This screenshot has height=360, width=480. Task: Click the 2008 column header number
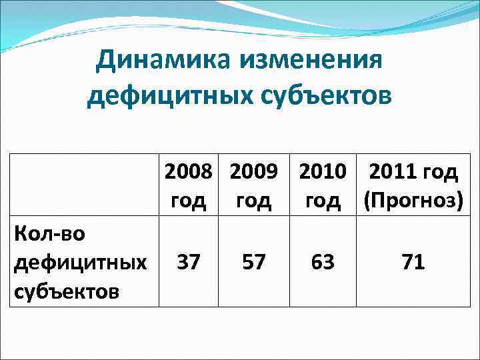click(x=189, y=172)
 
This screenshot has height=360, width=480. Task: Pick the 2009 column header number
click(x=253, y=172)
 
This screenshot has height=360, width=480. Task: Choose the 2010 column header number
click(x=323, y=172)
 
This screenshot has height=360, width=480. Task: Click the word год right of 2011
click(x=439, y=172)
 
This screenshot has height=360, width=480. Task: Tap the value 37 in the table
click(x=189, y=262)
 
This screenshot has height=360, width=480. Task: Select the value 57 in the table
click(x=253, y=262)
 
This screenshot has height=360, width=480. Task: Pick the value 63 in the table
click(x=323, y=262)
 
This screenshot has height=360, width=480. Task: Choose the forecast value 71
click(x=413, y=262)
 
